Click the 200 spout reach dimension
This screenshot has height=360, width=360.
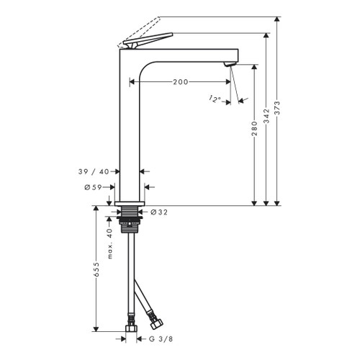(181, 82)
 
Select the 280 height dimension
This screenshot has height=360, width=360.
(254, 133)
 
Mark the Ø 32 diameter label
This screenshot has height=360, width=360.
(159, 212)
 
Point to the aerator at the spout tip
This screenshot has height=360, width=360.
(230, 66)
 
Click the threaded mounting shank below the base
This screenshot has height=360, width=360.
(130, 220)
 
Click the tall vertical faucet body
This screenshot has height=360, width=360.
(130, 130)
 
